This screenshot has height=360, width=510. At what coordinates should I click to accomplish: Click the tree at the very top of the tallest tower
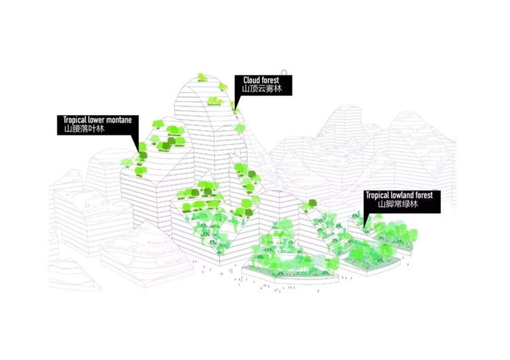click(201, 77)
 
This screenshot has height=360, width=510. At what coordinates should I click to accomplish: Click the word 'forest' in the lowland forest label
click(424, 195)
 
